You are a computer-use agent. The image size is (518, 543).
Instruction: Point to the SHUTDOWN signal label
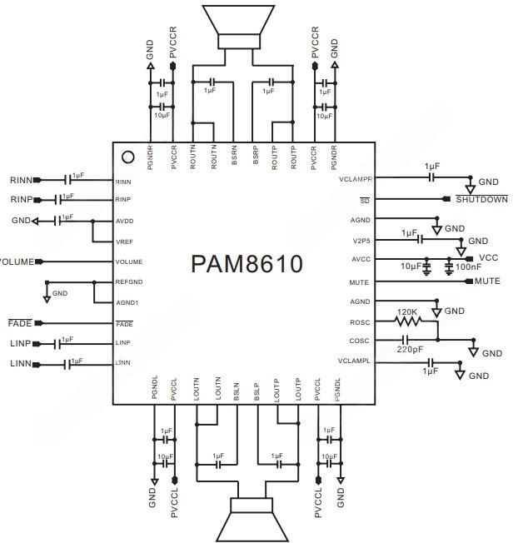pos(481,199)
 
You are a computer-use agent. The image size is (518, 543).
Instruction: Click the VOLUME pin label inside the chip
pos(129,262)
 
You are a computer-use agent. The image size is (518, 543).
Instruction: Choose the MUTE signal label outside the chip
pos(487,281)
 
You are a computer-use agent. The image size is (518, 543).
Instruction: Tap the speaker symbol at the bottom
pos(247,516)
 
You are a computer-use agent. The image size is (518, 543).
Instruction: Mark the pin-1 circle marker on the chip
pos(127,156)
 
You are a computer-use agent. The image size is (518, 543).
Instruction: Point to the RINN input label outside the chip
pos(21,180)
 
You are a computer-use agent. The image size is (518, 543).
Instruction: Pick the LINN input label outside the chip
pos(21,364)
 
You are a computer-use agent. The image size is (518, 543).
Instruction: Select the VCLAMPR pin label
pos(353,179)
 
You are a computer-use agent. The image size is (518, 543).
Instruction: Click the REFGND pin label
pos(131,281)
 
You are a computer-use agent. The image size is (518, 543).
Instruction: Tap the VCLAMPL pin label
pos(353,361)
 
